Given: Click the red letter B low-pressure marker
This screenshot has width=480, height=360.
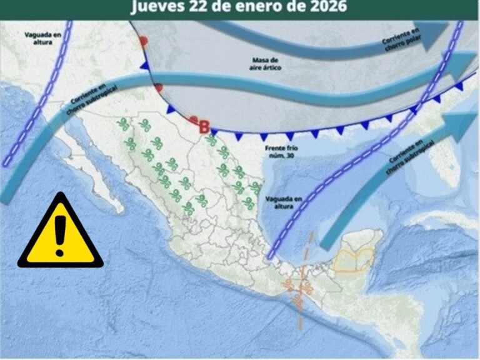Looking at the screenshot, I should click(204, 126).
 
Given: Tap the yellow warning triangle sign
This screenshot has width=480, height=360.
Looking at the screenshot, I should click(60, 233).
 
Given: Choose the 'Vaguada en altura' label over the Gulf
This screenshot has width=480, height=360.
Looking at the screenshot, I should click(284, 201).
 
